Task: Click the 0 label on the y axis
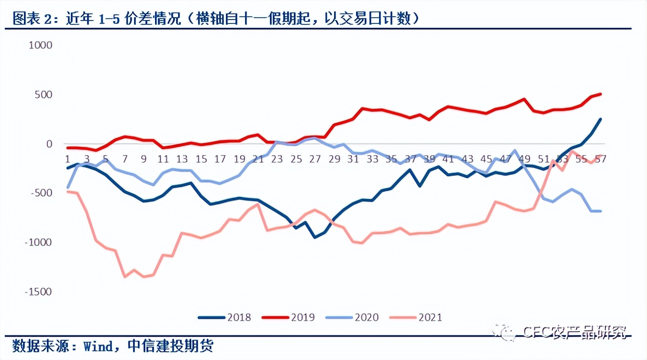49,144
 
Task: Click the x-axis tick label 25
296,159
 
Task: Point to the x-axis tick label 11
163,159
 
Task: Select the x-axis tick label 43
467,159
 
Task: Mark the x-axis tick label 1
67,159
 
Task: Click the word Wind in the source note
98,346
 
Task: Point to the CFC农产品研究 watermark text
574,332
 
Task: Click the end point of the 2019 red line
601,94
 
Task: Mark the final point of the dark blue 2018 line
601,119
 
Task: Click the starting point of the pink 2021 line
67,191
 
